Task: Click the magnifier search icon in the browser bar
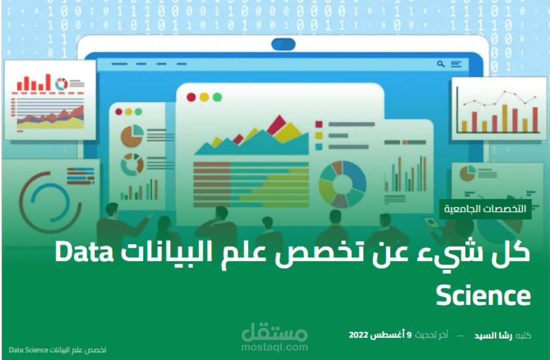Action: pos(441,63)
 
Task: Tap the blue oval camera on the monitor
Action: pos(283,44)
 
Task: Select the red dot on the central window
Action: pos(191,97)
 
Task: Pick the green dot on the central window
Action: pos(217,97)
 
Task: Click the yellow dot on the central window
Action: pos(204,97)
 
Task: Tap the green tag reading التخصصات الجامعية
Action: pos(485,209)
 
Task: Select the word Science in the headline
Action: pos(483,295)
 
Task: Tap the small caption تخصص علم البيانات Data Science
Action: pos(58,349)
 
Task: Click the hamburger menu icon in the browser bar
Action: pos(456,63)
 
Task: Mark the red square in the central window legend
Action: pos(319,124)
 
